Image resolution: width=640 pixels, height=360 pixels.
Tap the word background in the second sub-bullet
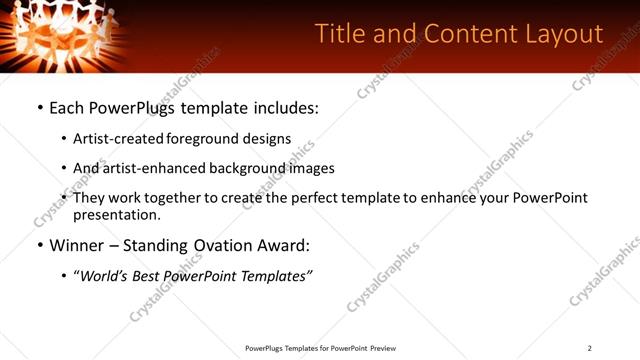[x=247, y=168]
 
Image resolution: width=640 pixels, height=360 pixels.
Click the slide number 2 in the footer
[x=590, y=348]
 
